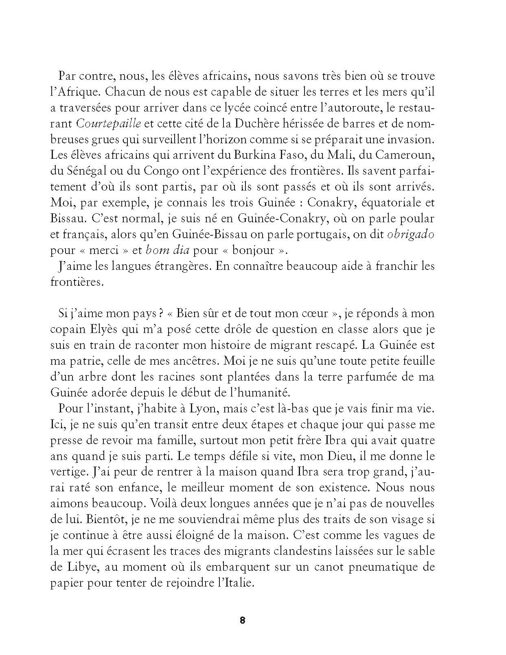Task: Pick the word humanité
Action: click(x=276, y=392)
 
